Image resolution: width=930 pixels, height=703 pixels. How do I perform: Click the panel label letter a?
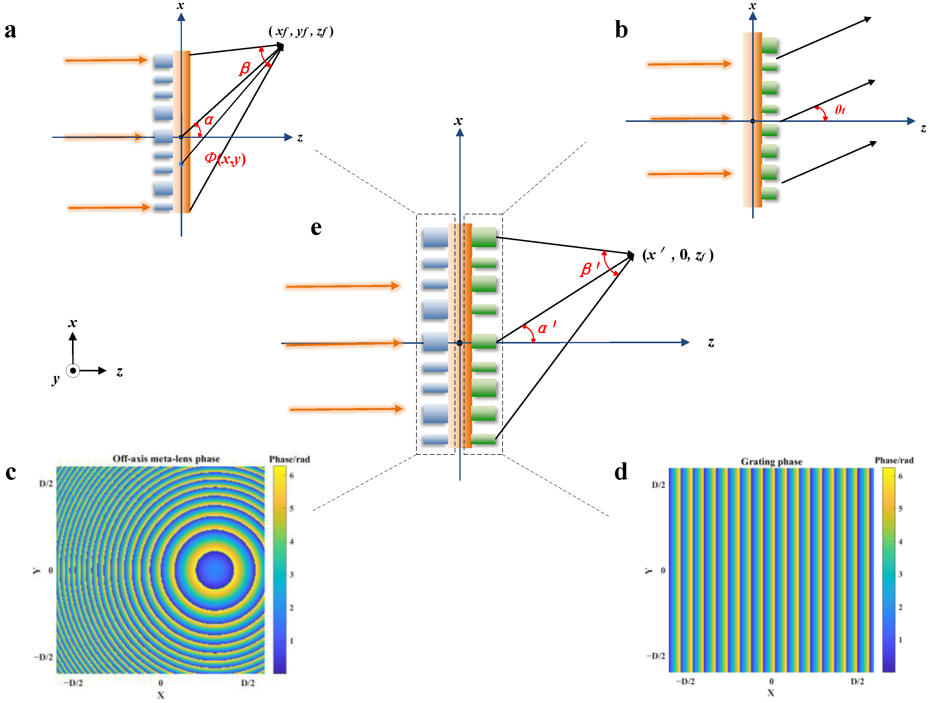click(11, 30)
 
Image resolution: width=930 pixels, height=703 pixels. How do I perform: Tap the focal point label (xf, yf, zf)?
click(301, 32)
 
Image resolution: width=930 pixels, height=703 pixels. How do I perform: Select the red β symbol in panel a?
click(245, 68)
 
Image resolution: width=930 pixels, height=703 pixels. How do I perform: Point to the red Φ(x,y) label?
click(225, 159)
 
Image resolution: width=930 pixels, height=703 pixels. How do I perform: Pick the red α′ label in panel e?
click(546, 327)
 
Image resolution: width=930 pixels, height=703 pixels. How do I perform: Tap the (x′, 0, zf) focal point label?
click(678, 255)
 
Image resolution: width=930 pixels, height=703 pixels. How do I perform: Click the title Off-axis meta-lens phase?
click(166, 459)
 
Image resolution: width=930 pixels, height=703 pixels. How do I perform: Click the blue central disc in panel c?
click(214, 569)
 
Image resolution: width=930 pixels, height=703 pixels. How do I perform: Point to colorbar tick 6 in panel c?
click(291, 475)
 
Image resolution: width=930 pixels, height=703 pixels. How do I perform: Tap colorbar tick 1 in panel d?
click(900, 639)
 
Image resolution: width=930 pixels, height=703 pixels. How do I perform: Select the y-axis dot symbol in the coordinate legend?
click(73, 371)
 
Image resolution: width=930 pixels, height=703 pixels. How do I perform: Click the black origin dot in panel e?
click(460, 343)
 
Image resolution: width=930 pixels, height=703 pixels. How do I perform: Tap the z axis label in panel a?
click(300, 138)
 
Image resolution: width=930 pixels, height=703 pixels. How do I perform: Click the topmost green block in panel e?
click(483, 237)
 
